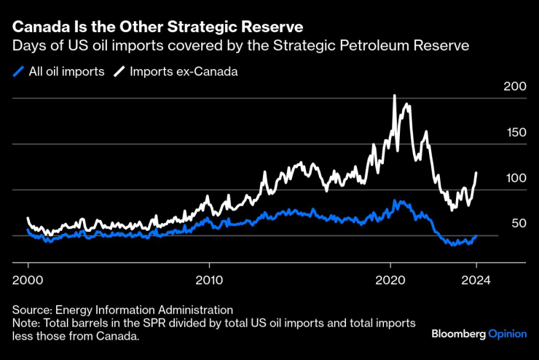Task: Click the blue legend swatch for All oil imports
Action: tap(18, 71)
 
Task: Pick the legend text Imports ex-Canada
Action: tap(173, 71)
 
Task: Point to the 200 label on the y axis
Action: tap(515, 87)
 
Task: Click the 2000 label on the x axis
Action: tap(28, 278)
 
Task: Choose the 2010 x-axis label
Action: tap(208, 278)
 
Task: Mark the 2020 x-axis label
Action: tap(390, 278)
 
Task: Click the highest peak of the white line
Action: tap(394, 95)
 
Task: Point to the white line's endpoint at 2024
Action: tap(476, 173)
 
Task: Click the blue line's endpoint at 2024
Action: tap(476, 236)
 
